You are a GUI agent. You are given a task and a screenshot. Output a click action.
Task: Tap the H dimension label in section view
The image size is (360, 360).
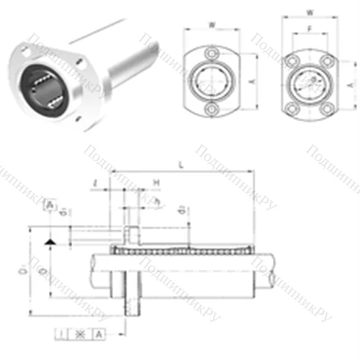pos(156,184)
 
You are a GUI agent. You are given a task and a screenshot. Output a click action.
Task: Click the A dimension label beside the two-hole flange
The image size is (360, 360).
pos(249,81)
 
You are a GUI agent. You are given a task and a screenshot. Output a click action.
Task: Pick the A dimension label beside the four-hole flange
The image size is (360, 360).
pos(351,84)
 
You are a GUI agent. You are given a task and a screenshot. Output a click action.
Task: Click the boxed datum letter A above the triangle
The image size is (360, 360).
pos(49,206)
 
